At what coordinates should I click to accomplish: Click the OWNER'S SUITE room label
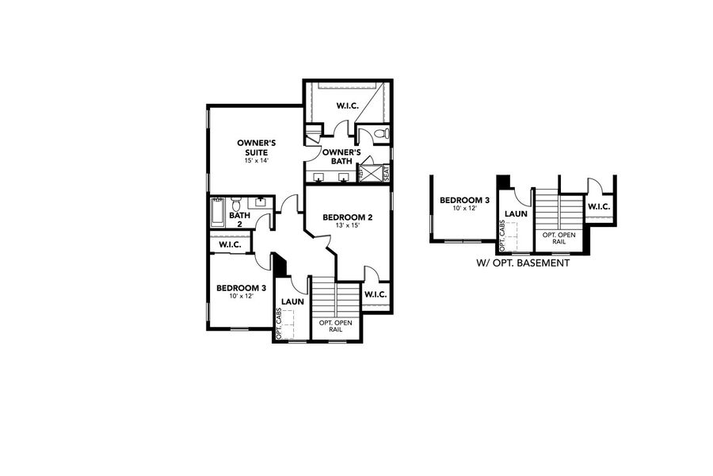256,147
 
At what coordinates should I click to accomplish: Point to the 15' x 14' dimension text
256,161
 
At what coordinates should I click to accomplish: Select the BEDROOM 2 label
348,217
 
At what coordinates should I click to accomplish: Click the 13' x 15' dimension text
348,225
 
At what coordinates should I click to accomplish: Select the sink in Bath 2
261,204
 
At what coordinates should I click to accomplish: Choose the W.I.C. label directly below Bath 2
231,245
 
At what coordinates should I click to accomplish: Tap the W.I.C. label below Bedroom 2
375,295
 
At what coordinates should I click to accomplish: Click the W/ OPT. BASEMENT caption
523,263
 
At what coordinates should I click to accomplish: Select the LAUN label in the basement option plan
517,213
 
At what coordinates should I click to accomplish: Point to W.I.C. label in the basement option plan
598,207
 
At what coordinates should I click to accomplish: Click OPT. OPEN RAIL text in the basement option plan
559,239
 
